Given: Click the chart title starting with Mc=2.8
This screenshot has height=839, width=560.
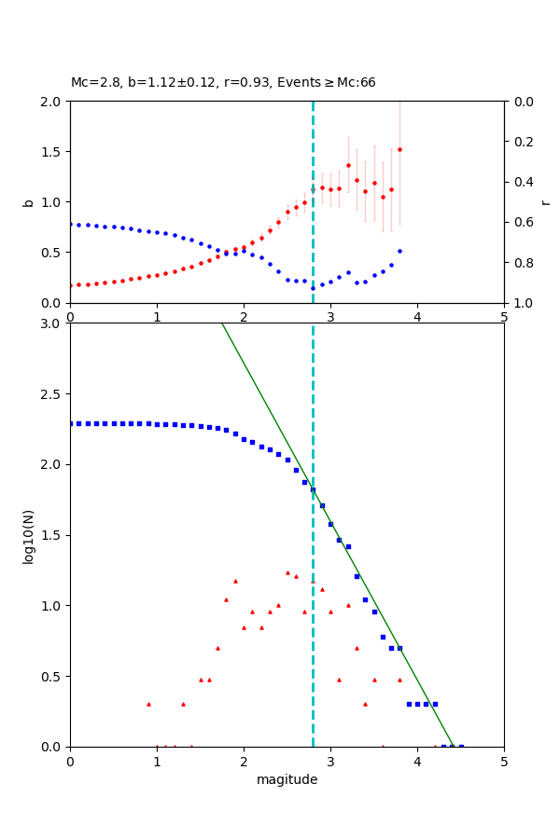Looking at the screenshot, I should point(223,83).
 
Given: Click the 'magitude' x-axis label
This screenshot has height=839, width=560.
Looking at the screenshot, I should point(287,779).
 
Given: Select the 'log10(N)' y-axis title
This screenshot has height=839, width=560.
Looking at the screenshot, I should point(28,535).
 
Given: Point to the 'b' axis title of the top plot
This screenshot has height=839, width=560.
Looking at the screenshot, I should point(28,202).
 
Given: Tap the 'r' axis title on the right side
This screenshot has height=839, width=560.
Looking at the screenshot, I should point(545,202).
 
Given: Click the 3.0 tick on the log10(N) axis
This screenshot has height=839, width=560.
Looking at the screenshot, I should point(52,323).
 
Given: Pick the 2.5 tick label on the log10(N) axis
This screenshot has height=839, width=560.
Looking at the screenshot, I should point(52,394).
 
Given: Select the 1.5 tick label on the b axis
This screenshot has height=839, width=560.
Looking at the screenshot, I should point(52,152).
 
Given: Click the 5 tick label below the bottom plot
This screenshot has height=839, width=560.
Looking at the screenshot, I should point(504,761).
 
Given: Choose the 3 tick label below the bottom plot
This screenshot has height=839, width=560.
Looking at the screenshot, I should point(330,761).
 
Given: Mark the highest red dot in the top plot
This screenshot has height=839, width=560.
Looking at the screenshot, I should point(399,149).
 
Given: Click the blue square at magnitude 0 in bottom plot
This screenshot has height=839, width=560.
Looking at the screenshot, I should point(70,423).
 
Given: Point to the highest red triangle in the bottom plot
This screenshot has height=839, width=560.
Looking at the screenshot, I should point(287,572).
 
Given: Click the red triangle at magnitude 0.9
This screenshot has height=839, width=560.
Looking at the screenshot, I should point(148,704).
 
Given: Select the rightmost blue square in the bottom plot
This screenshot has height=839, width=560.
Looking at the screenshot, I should point(461,746).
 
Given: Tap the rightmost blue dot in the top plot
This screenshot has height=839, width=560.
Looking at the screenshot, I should point(399,251).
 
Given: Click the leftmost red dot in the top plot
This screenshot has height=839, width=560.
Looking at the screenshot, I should point(70,285).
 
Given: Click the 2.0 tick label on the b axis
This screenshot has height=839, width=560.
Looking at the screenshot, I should point(52,102).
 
